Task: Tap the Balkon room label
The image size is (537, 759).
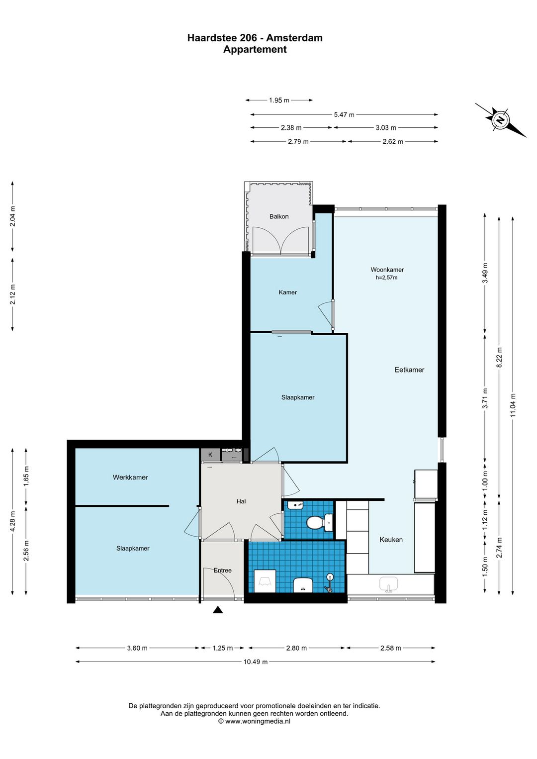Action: pyautogui.click(x=279, y=216)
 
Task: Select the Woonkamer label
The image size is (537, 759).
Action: pyautogui.click(x=387, y=270)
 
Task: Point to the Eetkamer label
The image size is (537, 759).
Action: pyautogui.click(x=409, y=370)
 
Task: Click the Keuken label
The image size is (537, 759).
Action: pyautogui.click(x=391, y=540)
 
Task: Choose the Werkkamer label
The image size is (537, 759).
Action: pyautogui.click(x=130, y=477)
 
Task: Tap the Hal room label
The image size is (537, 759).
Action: pyautogui.click(x=241, y=501)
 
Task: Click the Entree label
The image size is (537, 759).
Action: pyautogui.click(x=223, y=570)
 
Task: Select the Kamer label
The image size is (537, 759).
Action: pyautogui.click(x=287, y=292)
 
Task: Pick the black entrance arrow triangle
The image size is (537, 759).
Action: pyautogui.click(x=218, y=610)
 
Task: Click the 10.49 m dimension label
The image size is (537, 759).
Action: pyautogui.click(x=256, y=662)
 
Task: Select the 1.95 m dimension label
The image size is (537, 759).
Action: pyautogui.click(x=279, y=100)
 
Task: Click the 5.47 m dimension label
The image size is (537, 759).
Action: pyautogui.click(x=344, y=114)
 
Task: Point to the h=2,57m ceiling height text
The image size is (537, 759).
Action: pyautogui.click(x=386, y=278)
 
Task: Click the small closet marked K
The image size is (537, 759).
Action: pyautogui.click(x=210, y=455)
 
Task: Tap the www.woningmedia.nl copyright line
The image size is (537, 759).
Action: pyautogui.click(x=254, y=721)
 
